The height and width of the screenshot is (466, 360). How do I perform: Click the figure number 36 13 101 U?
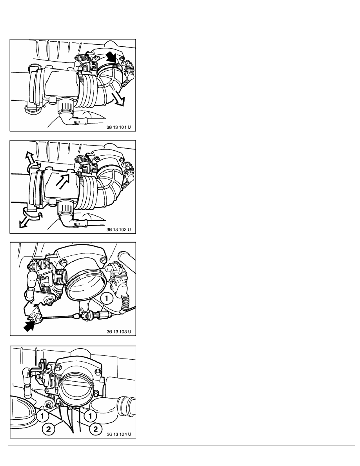coord(118,127)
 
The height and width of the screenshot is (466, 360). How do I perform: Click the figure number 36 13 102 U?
coord(118,229)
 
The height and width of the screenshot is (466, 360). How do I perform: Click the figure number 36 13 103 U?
coord(119,331)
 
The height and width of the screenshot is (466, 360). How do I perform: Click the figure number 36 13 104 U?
coord(119,434)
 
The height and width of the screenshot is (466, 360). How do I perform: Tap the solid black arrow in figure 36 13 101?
coord(112,57)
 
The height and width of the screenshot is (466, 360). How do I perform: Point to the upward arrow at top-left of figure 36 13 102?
coord(29,158)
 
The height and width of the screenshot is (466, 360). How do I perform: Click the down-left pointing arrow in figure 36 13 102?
coord(25,222)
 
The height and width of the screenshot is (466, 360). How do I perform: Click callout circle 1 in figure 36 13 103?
coord(107,299)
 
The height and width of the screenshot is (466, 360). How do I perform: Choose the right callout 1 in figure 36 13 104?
coord(90,415)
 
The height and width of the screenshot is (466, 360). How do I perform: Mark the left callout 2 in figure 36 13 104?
coord(48,429)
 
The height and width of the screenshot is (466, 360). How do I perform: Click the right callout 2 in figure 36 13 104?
coord(95,429)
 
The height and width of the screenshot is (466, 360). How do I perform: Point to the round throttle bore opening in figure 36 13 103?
coord(86,285)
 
